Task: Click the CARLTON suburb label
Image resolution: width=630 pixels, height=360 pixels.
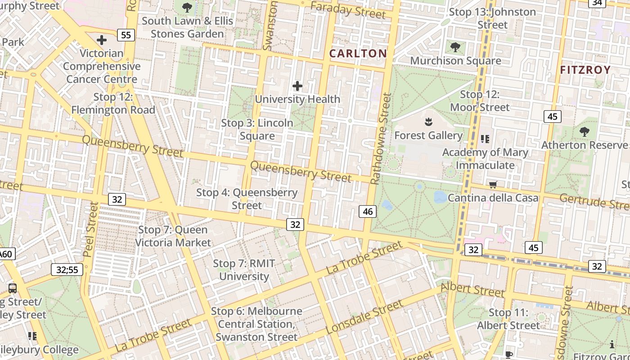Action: point(358,54)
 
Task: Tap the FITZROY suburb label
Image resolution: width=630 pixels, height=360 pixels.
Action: point(585,70)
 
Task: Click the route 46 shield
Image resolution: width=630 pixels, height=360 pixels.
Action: point(368,211)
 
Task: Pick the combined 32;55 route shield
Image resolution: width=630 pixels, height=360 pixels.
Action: point(67,270)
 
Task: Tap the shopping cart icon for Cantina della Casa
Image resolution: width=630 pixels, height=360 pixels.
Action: point(493,184)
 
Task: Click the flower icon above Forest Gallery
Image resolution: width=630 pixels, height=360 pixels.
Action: point(427,122)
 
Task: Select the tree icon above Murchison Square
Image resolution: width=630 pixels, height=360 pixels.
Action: point(455,47)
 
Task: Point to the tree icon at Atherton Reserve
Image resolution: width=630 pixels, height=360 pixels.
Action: point(584,132)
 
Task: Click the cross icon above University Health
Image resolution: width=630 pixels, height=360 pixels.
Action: point(297,85)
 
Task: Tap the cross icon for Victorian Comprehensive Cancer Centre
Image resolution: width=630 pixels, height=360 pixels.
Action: point(102,40)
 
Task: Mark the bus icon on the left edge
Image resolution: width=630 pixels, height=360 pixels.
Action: point(13,288)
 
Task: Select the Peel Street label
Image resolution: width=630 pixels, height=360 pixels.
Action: point(91,229)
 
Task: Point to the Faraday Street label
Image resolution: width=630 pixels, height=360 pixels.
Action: point(348,10)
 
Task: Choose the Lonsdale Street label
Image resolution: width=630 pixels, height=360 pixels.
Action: point(364,317)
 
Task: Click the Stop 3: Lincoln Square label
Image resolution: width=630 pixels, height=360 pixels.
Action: point(257,129)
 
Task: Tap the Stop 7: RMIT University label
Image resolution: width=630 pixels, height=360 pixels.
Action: point(244,270)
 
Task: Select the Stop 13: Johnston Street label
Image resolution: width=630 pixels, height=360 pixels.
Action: point(493,18)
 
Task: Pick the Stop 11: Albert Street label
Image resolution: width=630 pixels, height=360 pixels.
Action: point(508,319)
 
